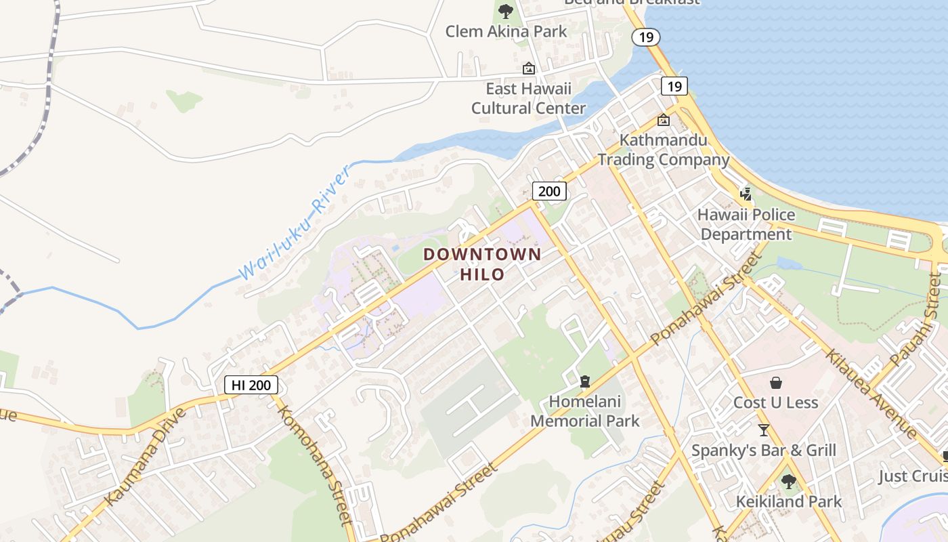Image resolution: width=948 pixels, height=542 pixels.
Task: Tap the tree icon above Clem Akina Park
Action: coord(505,11)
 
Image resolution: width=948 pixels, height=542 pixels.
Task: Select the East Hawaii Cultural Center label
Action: coord(528,98)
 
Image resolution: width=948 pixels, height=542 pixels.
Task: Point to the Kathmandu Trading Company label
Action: coord(664,150)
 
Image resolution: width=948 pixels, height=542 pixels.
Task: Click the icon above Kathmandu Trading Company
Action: coord(664,121)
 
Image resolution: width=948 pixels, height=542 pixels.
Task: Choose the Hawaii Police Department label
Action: coord(746,224)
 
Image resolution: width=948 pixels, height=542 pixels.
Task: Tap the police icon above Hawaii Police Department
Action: coord(746,194)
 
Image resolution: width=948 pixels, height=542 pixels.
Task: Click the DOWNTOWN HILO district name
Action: coord(482,264)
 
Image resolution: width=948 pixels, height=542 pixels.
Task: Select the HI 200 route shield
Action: coord(251,385)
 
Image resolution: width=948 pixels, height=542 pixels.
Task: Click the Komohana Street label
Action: coord(315,465)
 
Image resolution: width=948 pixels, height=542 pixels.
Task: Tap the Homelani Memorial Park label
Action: coord(585,411)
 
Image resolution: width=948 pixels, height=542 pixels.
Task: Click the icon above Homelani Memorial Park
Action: coord(585,381)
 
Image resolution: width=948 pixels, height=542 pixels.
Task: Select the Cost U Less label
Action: coord(775,403)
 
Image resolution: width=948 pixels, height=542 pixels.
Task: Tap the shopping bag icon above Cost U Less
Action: coord(776,383)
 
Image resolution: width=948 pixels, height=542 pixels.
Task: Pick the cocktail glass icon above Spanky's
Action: coord(764,430)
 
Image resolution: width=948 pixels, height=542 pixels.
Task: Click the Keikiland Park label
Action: coord(789,502)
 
